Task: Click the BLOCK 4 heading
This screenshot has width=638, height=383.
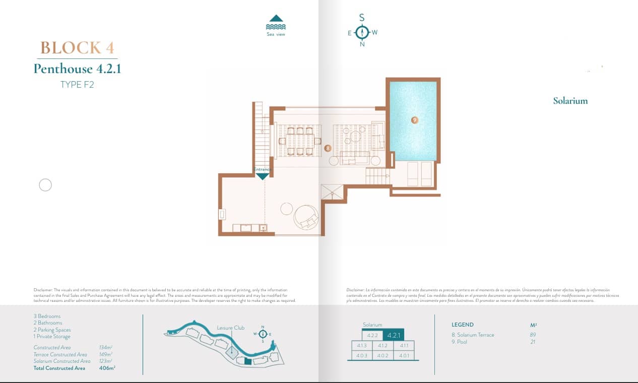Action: [x=77, y=48]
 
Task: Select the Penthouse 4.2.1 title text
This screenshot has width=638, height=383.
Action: [x=77, y=69]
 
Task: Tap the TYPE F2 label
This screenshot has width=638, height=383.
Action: [x=77, y=85]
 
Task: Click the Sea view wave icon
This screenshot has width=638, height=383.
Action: [x=276, y=23]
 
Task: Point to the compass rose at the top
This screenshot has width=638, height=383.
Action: [x=362, y=32]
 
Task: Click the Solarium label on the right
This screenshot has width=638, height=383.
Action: [x=570, y=101]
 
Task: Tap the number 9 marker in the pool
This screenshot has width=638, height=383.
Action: [x=414, y=120]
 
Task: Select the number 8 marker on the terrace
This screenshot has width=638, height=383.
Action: [x=328, y=148]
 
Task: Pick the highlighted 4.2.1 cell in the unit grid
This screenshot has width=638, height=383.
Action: [x=394, y=335]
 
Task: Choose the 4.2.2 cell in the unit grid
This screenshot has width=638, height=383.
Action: [x=372, y=336]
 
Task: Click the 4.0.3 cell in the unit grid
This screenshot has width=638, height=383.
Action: [x=361, y=355]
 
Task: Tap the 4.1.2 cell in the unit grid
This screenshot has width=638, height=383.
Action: [x=382, y=346]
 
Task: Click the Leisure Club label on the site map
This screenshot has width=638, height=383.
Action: [x=230, y=328]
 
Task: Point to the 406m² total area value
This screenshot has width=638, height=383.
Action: [x=107, y=368]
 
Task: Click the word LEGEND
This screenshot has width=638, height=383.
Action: [x=463, y=325]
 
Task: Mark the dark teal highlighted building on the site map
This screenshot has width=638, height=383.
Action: [x=247, y=361]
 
